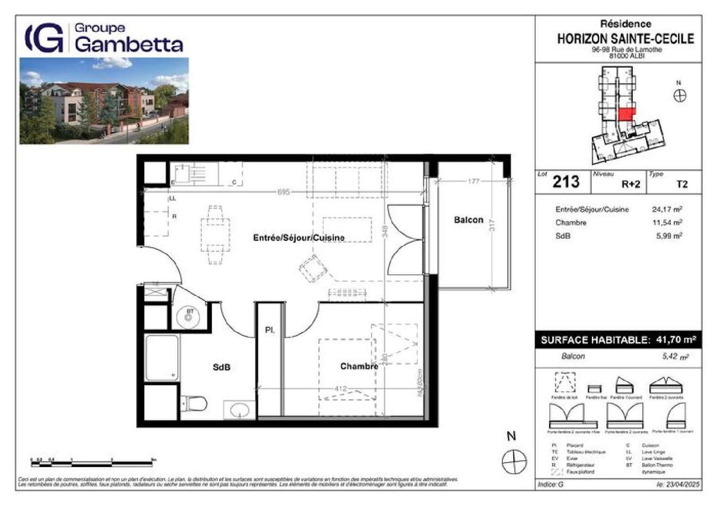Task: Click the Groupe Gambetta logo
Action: [x=104, y=38]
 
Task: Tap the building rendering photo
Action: [x=104, y=101]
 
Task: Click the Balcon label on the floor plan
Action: [x=468, y=220]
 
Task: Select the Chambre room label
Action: [x=359, y=366]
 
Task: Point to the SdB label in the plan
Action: [x=221, y=367]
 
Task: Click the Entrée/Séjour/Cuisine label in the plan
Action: [x=298, y=237]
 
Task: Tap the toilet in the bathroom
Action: [x=195, y=404]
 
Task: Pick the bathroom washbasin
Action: [x=239, y=410]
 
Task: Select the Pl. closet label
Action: [x=270, y=330]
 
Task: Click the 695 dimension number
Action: [x=283, y=192]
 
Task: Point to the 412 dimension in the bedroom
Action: [x=340, y=388]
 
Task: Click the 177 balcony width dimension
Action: [x=473, y=181]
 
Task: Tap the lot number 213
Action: [x=566, y=182]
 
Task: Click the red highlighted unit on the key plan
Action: [x=627, y=114]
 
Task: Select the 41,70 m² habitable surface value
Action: [x=675, y=340]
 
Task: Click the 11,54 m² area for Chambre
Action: [x=667, y=223]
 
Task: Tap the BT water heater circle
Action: [x=189, y=316]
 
